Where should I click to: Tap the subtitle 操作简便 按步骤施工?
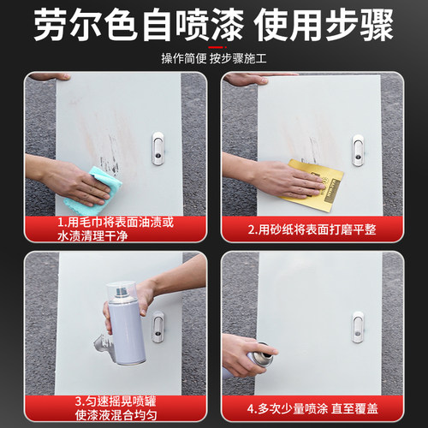pyautogui.click(x=214, y=59)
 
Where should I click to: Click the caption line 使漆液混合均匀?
pyautogui.click(x=112, y=413)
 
